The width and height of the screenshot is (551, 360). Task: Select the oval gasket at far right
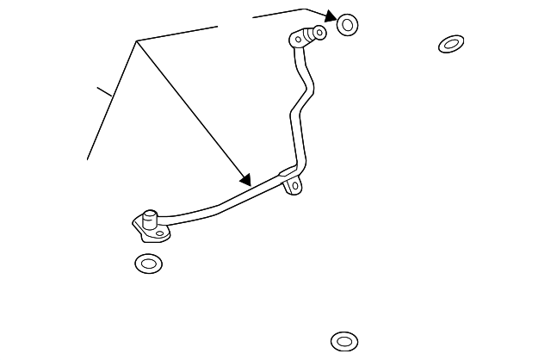[x=451, y=44]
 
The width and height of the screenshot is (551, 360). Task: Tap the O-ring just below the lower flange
[x=149, y=264]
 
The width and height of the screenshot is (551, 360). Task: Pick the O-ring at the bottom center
[x=344, y=342]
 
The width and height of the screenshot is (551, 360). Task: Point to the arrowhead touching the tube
[x=245, y=181]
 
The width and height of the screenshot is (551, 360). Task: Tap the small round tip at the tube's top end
[x=319, y=34]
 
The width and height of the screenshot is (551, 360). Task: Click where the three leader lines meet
[x=136, y=41]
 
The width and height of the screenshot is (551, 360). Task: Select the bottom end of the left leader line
[x=88, y=159]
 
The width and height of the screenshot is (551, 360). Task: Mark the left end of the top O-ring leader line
[x=253, y=17]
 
